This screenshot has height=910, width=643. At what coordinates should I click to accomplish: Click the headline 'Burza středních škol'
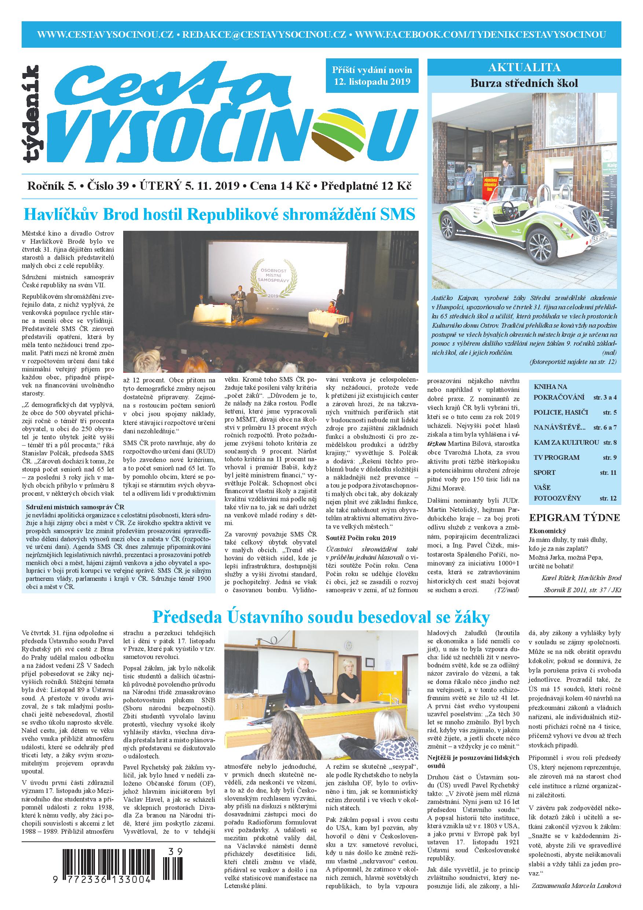(524, 83)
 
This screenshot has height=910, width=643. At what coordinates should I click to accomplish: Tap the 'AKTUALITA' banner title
(524, 67)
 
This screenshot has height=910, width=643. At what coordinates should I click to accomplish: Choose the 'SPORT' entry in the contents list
(544, 473)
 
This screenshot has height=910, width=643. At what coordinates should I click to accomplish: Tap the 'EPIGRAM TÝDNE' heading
(574, 518)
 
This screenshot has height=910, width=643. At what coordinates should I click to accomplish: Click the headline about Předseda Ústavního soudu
(321, 617)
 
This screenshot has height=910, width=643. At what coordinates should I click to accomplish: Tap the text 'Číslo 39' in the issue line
(108, 186)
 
